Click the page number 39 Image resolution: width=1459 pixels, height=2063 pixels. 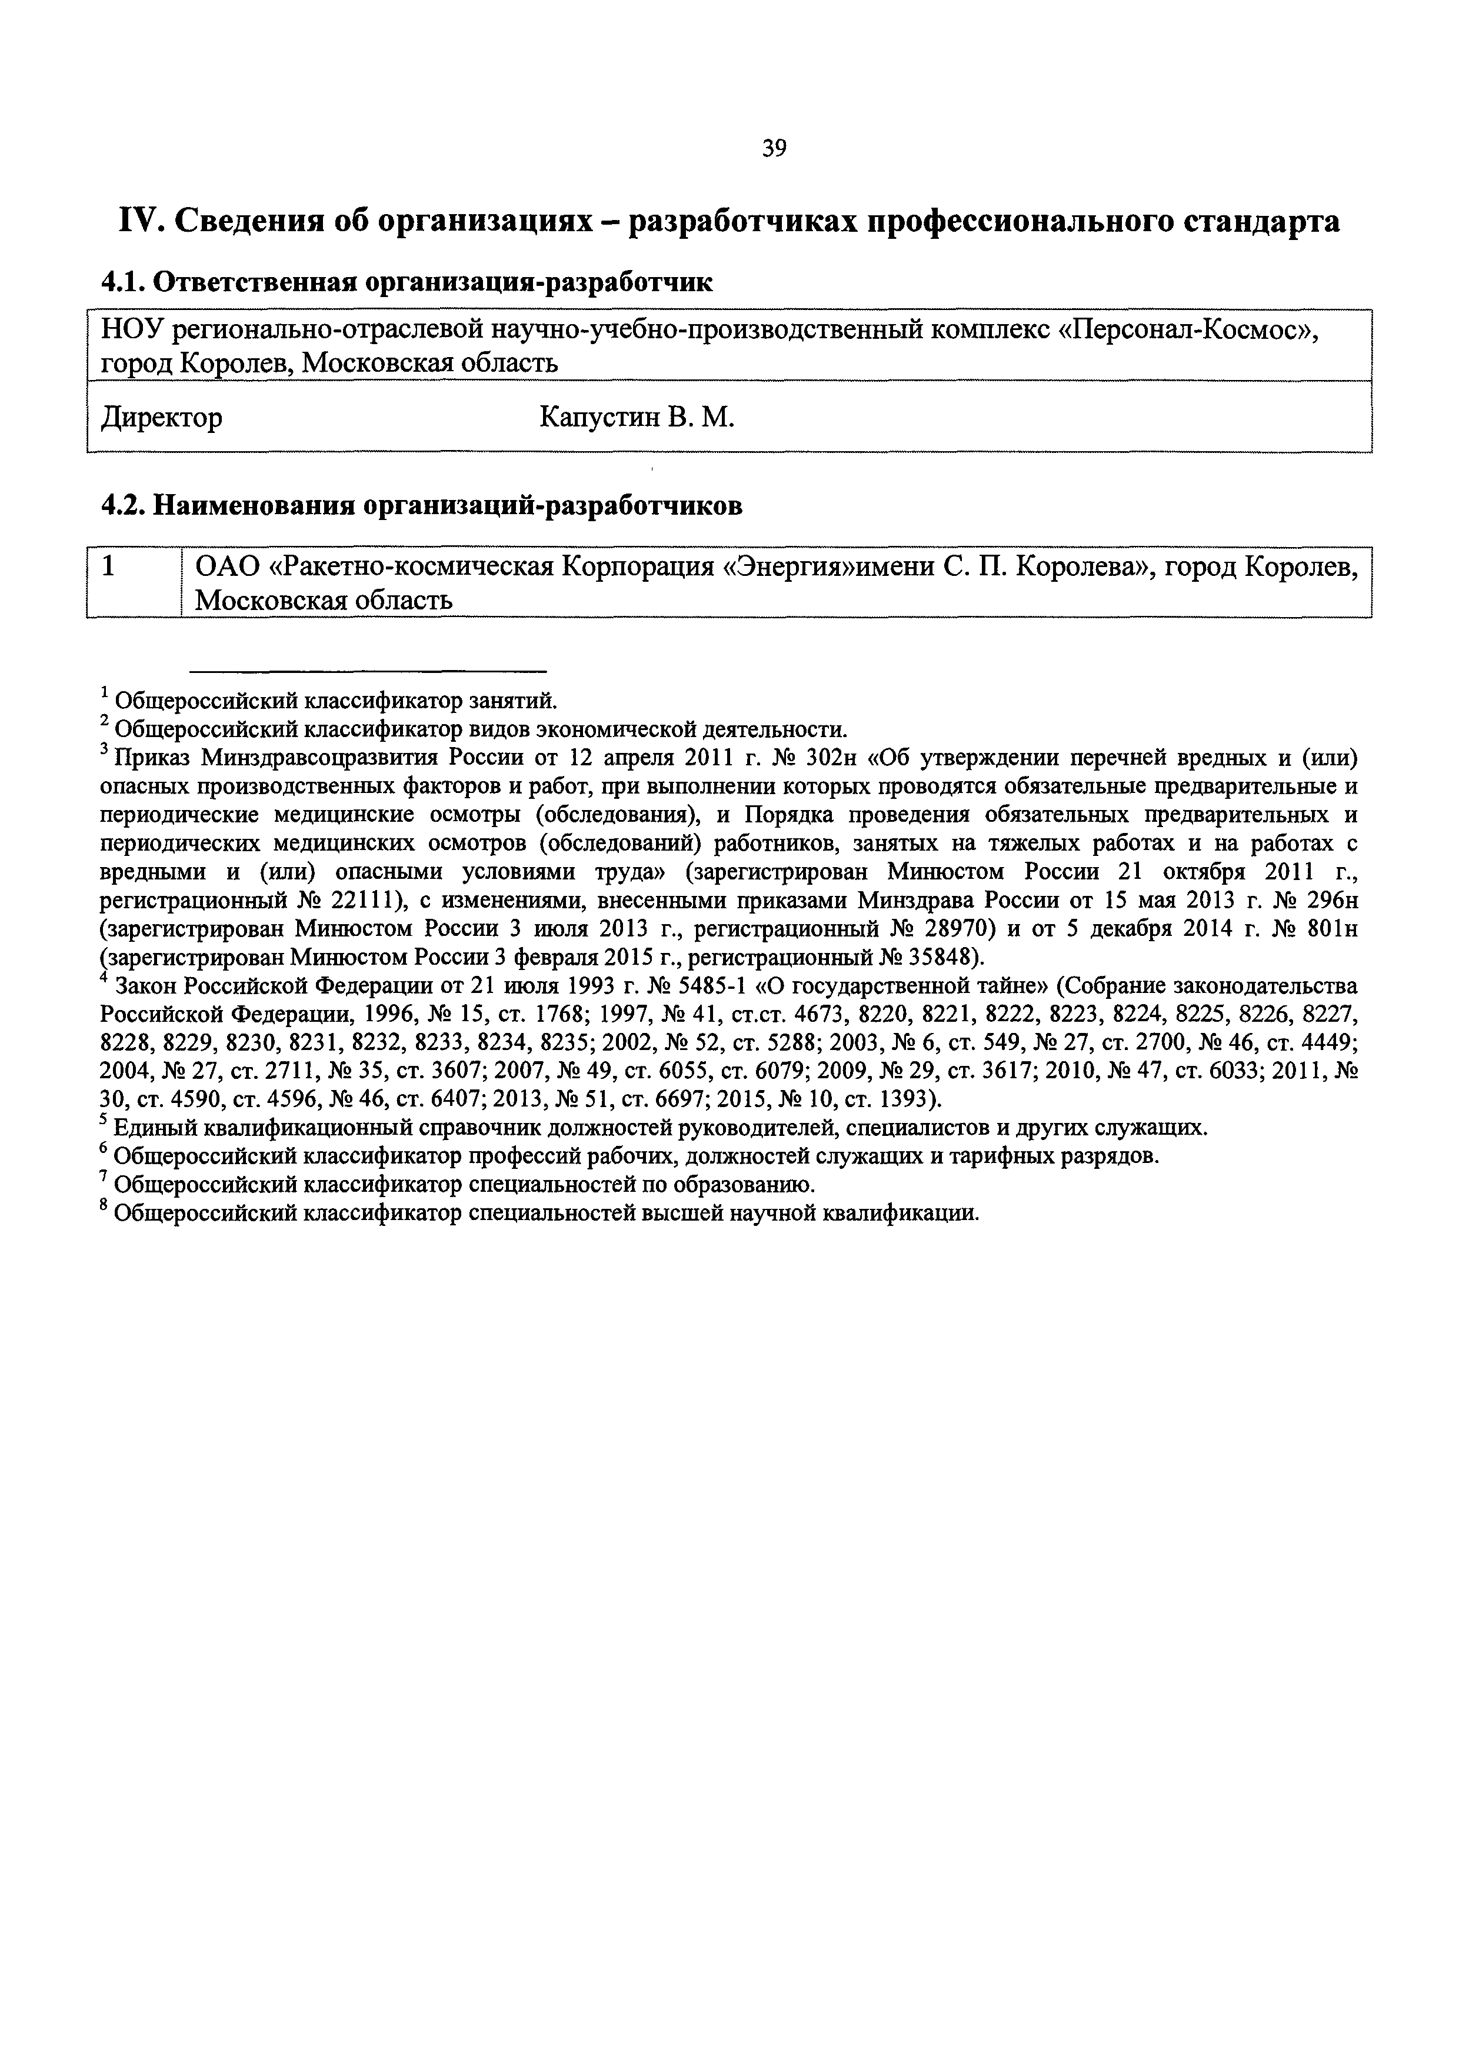pyautogui.click(x=774, y=148)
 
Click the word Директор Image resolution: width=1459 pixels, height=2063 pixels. pyautogui.click(x=162, y=418)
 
